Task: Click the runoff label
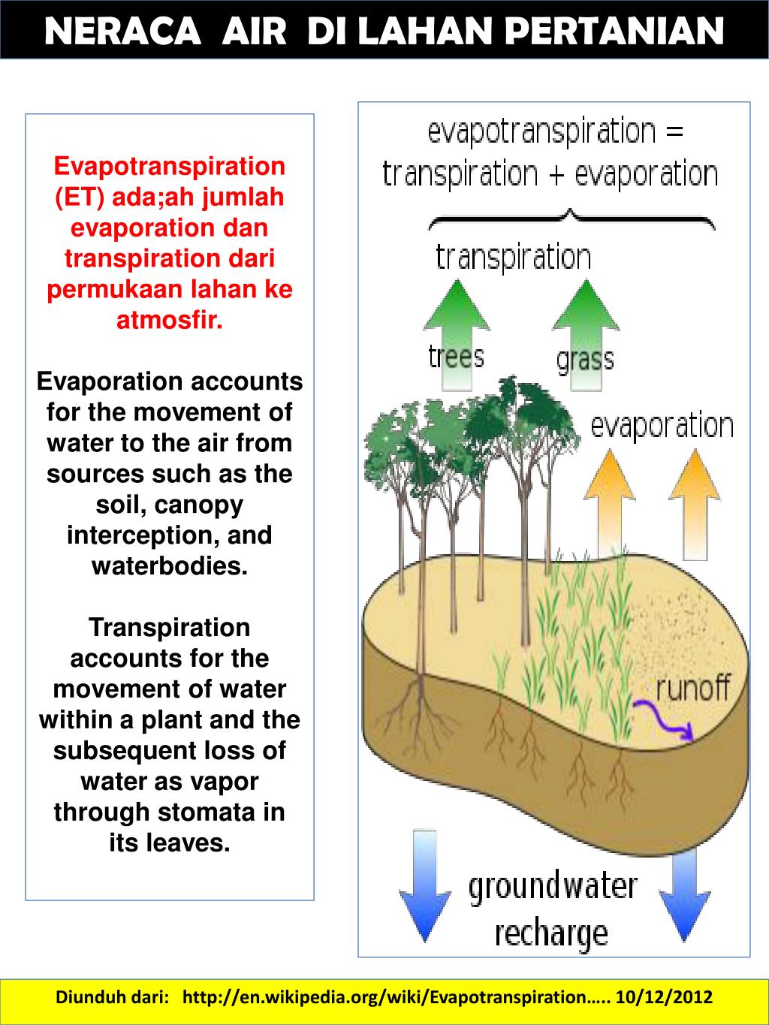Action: (x=692, y=687)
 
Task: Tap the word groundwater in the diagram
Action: (x=553, y=887)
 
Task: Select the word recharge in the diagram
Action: (x=551, y=933)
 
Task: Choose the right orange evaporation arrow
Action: (x=695, y=503)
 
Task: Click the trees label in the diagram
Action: (x=456, y=355)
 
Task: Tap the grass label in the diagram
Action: (x=585, y=360)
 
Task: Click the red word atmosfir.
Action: (x=170, y=321)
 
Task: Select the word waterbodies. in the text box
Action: (x=170, y=565)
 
